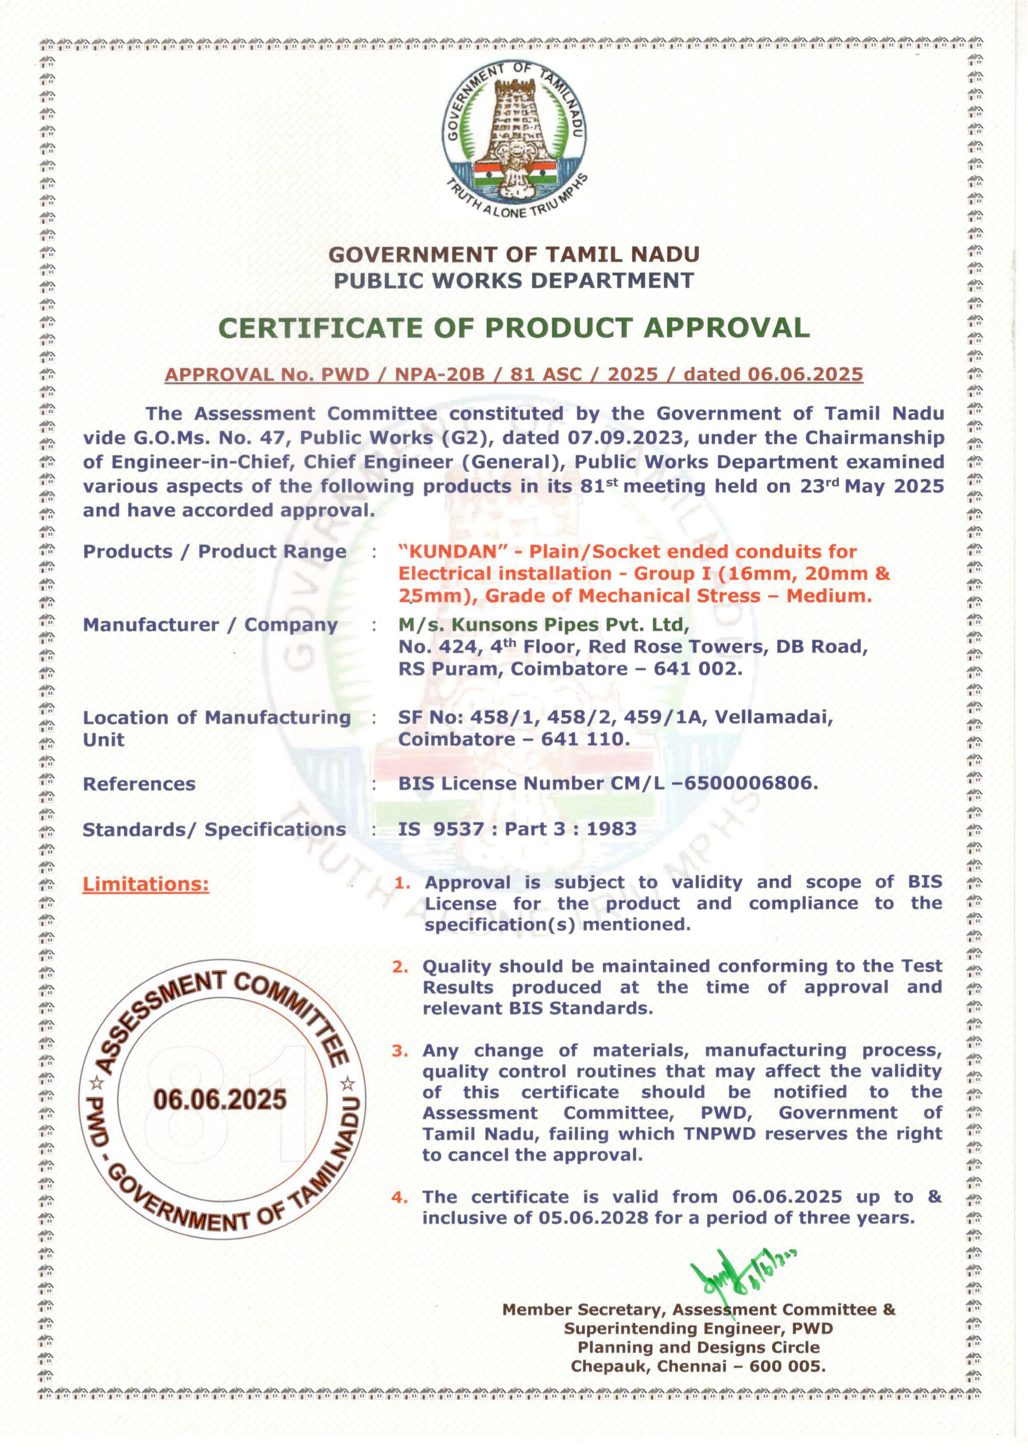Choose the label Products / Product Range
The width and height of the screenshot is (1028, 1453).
coord(215,552)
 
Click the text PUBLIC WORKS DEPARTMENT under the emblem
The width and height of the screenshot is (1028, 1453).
coord(514,280)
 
